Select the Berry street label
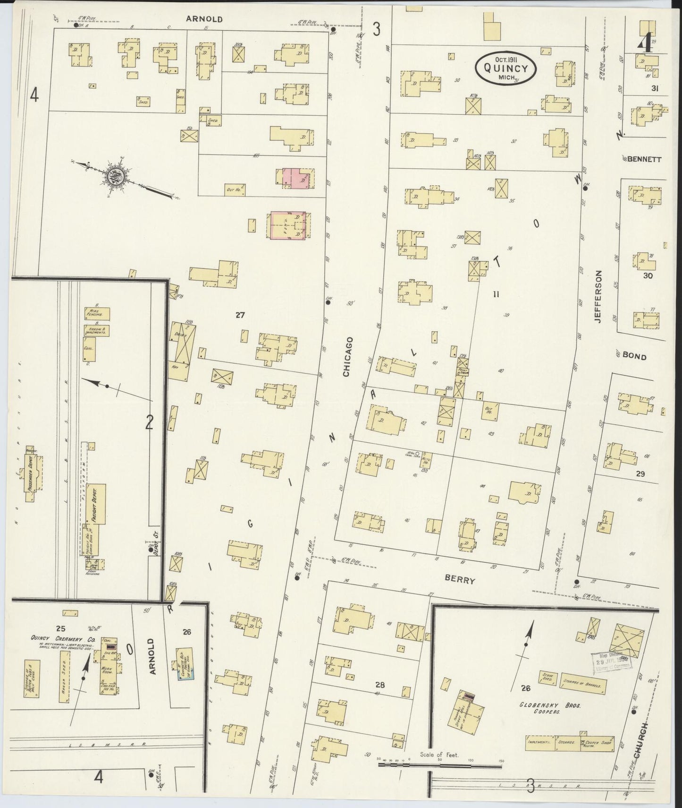(x=461, y=580)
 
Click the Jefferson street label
(x=598, y=296)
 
